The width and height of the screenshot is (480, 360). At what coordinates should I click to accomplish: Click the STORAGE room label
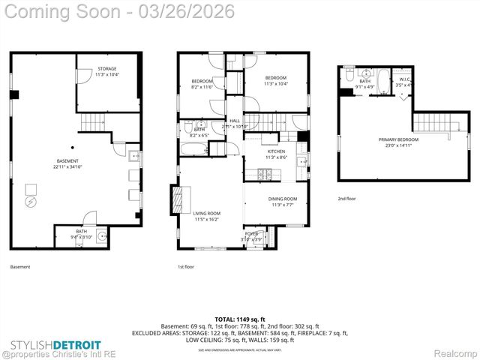pyautogui.click(x=106, y=72)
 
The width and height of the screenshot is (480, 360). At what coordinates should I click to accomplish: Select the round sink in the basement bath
pyautogui.click(x=100, y=236)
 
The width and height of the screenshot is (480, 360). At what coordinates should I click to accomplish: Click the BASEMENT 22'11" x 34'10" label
pyautogui.click(x=67, y=164)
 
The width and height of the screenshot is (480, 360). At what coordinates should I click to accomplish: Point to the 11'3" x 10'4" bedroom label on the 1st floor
pyautogui.click(x=277, y=80)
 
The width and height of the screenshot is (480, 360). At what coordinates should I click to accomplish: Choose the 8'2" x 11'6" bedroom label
pyautogui.click(x=202, y=84)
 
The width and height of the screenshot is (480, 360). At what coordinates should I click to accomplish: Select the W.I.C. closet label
pyautogui.click(x=404, y=82)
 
